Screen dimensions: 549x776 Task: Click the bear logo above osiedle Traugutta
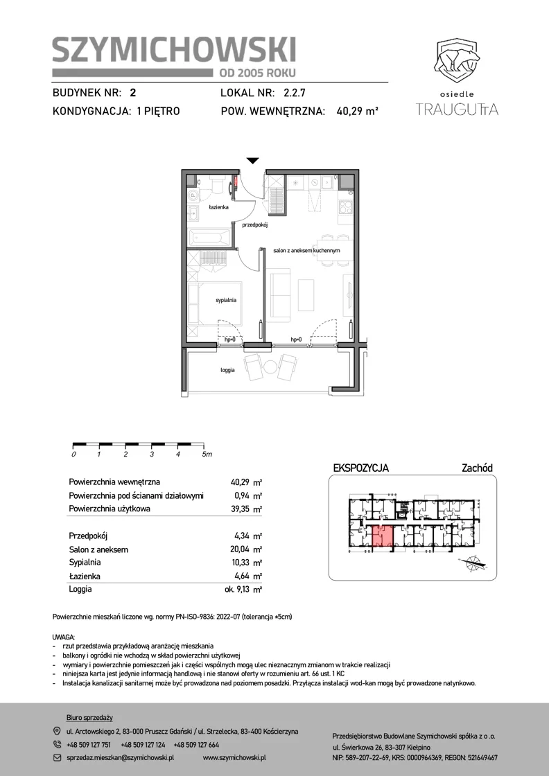(x=458, y=60)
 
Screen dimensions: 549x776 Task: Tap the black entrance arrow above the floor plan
(x=253, y=160)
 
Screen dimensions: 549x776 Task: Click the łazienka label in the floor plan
(x=218, y=207)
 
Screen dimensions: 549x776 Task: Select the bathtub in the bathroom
(x=210, y=238)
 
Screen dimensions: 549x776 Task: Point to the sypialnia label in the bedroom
(x=226, y=300)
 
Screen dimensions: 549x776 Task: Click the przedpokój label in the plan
(x=255, y=224)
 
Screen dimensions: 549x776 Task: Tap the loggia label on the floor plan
(x=228, y=370)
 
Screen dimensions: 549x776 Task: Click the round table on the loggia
(x=270, y=367)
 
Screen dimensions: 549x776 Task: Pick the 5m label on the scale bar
(x=207, y=455)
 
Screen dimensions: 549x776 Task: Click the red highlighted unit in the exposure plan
(x=383, y=536)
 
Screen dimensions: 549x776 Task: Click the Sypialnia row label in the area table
(x=85, y=563)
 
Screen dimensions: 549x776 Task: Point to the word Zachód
(x=477, y=468)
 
